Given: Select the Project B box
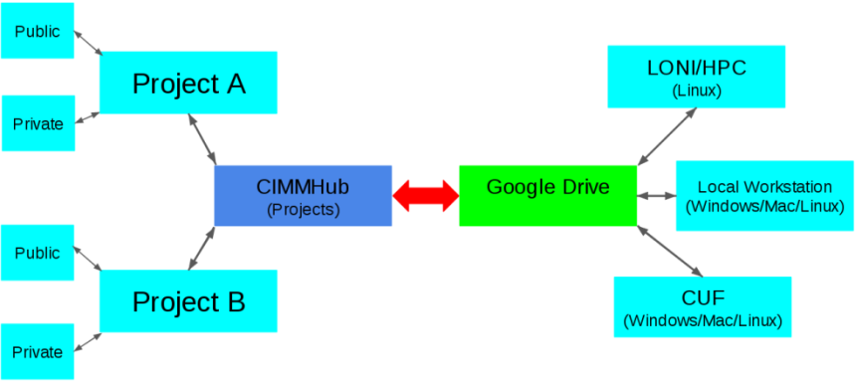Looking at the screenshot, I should pos(188,300).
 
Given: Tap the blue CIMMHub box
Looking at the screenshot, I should pos(303,195).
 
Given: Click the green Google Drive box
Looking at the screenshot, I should pos(547,195).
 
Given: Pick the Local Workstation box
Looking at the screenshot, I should pos(764,195).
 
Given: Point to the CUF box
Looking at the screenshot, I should pos(703,306).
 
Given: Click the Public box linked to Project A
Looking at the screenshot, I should pos(37,32).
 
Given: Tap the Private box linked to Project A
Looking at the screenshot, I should pos(38,123).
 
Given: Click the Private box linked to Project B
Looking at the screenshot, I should pos(38,351).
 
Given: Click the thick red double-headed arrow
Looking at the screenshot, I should pos(425,195).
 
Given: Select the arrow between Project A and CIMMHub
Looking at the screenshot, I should pos(202,138).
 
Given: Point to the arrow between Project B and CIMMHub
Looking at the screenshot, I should pos(202,248).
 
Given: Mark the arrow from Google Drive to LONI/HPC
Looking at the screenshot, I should pos(667,135).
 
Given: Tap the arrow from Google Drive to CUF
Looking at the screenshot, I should pos(669,250).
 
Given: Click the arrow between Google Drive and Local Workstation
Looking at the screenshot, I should pos(656,195).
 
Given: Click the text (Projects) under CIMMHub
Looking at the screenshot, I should pos(303,210).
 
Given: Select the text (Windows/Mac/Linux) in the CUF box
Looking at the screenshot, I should pos(703,320).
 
